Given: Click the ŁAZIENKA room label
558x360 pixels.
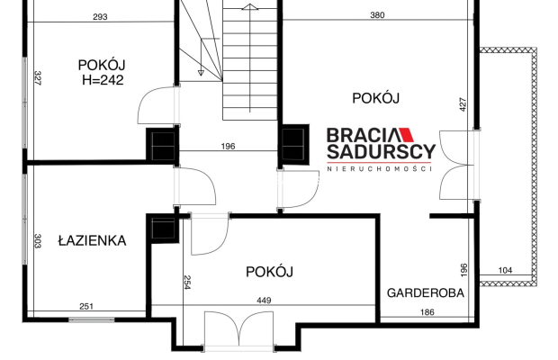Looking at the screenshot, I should click(91, 240).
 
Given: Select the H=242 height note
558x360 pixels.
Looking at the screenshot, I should click(102, 79).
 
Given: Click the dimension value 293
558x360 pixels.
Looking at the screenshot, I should click(100, 16).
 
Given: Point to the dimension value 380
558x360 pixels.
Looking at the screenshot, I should click(379, 15).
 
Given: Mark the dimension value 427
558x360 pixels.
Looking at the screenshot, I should click(463, 103).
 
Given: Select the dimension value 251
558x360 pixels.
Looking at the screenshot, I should click(86, 307).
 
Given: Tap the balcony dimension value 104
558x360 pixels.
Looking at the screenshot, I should click(505, 270).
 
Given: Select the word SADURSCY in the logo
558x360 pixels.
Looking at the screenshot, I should click(380, 152).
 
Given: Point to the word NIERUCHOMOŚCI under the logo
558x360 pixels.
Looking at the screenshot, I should click(380, 169).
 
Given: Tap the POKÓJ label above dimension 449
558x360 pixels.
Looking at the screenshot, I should click(271, 271).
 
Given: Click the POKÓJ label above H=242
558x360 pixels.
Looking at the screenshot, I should click(101, 64).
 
